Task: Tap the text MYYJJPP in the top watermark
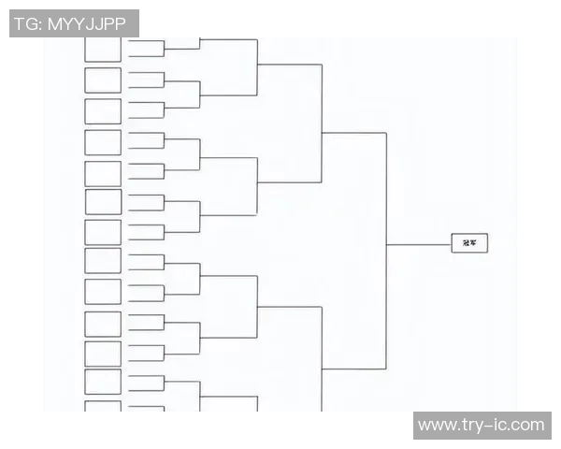(88, 23)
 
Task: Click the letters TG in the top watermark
(25, 23)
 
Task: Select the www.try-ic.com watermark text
(481, 426)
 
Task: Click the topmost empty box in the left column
(103, 49)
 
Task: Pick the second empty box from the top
(103, 80)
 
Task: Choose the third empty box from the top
(103, 111)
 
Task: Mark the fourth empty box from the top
(103, 142)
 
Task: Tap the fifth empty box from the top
(103, 173)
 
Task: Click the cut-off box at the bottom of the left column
(103, 407)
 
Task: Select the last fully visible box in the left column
(103, 382)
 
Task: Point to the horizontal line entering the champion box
(419, 244)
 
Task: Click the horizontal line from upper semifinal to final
(353, 133)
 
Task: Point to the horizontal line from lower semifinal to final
(353, 369)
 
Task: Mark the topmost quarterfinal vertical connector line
(257, 65)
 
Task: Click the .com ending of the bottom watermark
(527, 426)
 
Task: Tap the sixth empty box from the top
(103, 202)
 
